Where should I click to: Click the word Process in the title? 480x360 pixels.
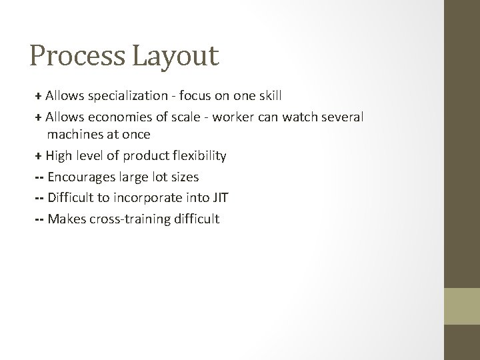click(76, 55)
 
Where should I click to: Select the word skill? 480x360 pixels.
click(269, 96)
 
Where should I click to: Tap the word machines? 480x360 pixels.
click(75, 135)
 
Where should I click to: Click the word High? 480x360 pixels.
click(59, 156)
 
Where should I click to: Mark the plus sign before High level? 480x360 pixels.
click(38, 156)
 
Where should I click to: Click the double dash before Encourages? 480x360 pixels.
click(38, 177)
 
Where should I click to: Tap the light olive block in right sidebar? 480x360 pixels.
click(463, 307)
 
